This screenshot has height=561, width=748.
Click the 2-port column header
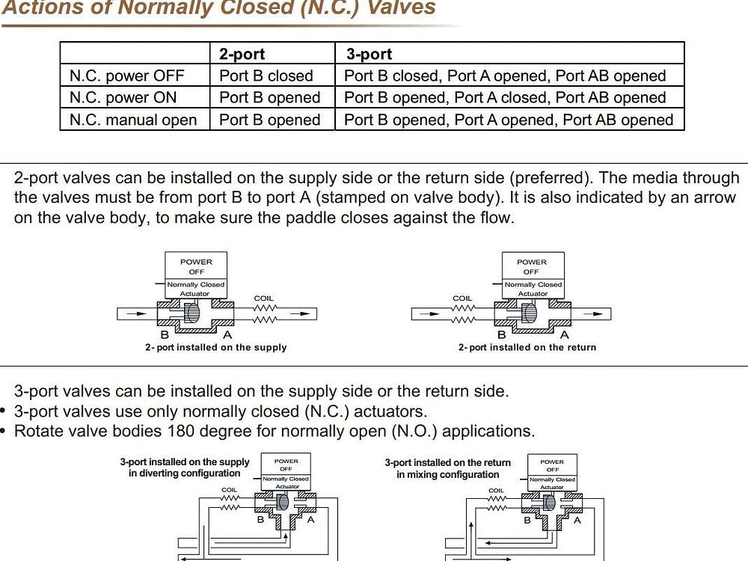click(x=242, y=54)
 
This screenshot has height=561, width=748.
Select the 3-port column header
click(x=369, y=54)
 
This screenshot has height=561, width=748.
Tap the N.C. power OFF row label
click(x=126, y=76)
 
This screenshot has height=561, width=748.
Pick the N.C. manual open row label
click(x=133, y=120)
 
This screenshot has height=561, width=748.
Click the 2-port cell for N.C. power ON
click(x=269, y=97)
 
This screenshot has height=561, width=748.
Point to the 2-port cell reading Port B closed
click(x=266, y=76)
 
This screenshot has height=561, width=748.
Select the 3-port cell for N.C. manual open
click(x=509, y=120)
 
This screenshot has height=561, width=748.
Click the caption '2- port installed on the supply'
click(x=216, y=347)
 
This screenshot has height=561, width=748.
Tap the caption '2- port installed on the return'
click(x=527, y=347)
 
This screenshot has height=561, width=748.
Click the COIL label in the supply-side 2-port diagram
click(x=264, y=298)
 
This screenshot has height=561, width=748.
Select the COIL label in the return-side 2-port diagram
click(x=462, y=298)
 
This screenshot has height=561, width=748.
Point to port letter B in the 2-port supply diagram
click(x=165, y=335)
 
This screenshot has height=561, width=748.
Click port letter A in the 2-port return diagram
click(x=565, y=335)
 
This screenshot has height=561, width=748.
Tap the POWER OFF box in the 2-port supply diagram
click(x=196, y=267)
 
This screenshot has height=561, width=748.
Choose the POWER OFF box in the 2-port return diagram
click(x=532, y=267)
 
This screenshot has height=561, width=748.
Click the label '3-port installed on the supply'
click(x=185, y=462)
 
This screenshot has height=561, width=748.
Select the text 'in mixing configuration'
click(x=447, y=475)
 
